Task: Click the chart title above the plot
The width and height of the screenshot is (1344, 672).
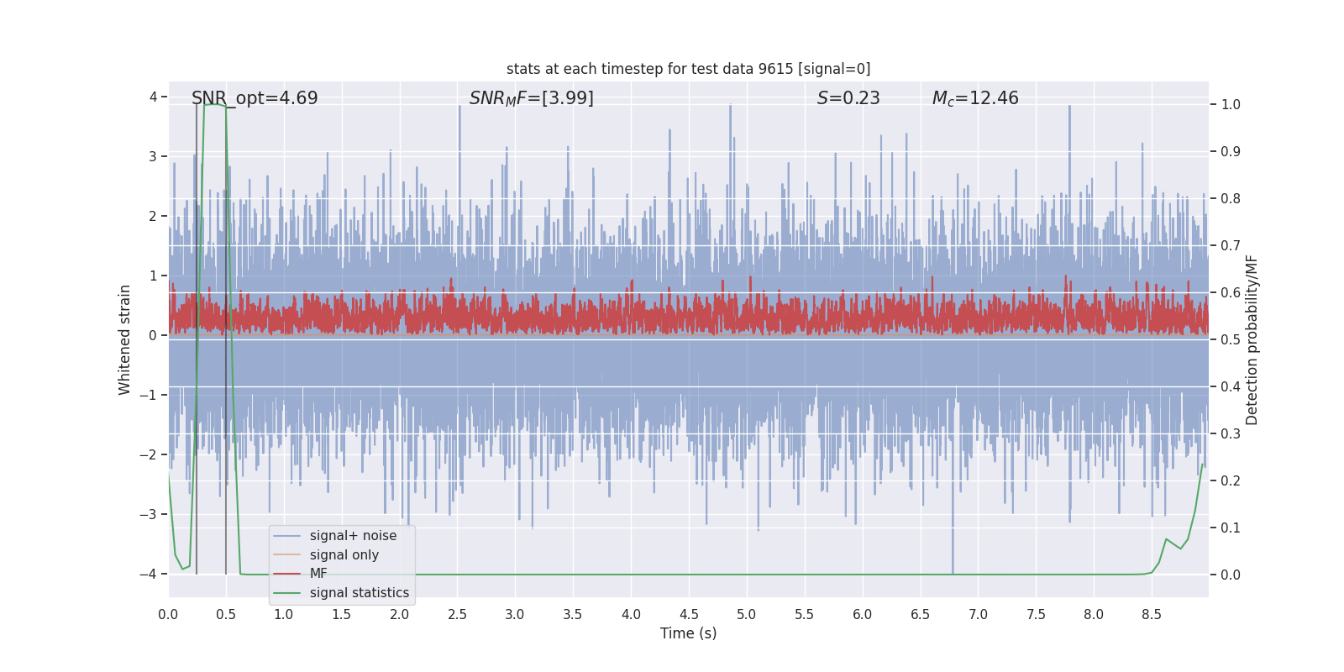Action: pos(688,69)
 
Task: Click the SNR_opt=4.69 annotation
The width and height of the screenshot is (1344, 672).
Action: pos(255,98)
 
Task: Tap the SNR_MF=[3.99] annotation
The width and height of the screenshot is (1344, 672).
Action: pos(531,98)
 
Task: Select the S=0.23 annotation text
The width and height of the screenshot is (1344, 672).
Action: pos(848,98)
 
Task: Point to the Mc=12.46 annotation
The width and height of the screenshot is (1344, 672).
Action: pos(975,98)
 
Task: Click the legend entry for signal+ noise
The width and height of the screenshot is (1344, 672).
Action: pos(353,536)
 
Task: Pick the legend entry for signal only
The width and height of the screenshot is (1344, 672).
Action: pos(344,555)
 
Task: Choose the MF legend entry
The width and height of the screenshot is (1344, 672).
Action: pos(318,574)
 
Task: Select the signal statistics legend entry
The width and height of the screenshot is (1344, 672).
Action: pos(359,593)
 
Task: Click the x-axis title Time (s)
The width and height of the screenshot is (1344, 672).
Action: pos(688,633)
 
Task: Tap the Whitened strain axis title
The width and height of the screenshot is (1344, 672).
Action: pos(125,339)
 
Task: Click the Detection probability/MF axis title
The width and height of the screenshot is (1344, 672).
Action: pos(1252,339)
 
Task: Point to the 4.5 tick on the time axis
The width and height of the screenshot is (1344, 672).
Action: pos(689,615)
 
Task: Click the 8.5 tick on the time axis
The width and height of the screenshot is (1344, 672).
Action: pos(1151,615)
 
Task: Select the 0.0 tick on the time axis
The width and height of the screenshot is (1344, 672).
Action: pos(168,615)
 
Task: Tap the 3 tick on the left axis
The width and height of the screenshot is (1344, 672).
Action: pos(153,157)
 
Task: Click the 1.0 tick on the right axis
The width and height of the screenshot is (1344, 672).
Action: pos(1231,105)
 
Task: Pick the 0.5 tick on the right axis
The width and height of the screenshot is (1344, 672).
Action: pos(1231,340)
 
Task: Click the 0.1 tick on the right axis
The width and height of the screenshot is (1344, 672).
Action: pos(1231,528)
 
